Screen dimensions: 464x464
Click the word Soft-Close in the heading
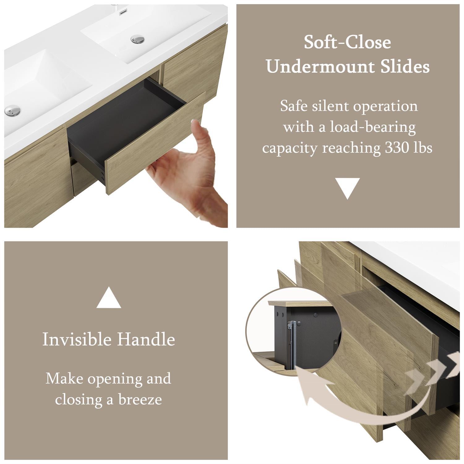pyautogui.click(x=347, y=42)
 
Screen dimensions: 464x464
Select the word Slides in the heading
pyautogui.click(x=405, y=66)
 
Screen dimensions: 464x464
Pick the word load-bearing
pyautogui.click(x=373, y=127)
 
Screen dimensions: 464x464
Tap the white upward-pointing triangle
pyautogui.click(x=109, y=298)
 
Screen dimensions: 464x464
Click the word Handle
pyautogui.click(x=146, y=339)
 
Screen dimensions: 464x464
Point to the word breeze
pyautogui.click(x=140, y=400)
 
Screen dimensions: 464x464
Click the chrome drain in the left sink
pyautogui.click(x=12, y=110)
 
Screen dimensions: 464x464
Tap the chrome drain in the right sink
pyautogui.click(x=137, y=39)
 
